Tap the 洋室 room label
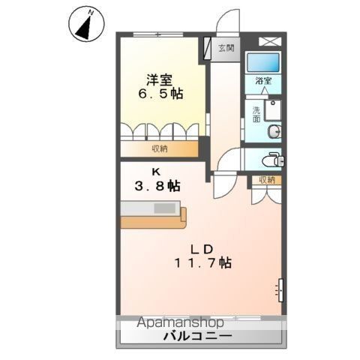pos(160,79)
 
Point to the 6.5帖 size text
pos(159,94)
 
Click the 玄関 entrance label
pos(226,48)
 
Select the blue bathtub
pos(263,63)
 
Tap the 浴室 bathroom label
pos(263,80)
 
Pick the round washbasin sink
pos(275,133)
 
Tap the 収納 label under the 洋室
pos(159,148)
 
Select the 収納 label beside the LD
pos(268,180)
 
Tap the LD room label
pos(202,248)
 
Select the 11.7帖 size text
pos(202,264)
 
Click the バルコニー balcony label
pos(198,337)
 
